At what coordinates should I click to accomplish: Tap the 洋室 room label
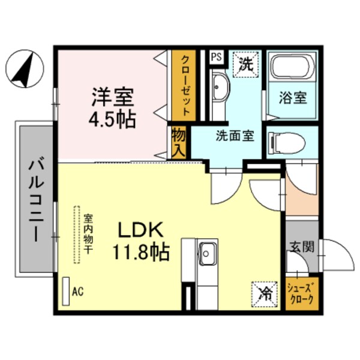(x=112, y=97)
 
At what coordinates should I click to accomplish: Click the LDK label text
(x=140, y=230)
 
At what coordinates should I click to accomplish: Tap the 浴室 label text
(x=293, y=97)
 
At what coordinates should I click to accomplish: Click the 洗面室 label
(x=235, y=135)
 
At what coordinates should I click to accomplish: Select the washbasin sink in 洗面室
(x=220, y=88)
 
